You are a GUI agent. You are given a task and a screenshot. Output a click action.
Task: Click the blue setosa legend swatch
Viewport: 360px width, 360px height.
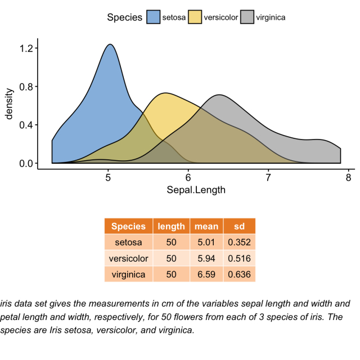[153, 17]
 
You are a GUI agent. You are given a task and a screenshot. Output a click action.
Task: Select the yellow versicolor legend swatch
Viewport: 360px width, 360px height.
[195, 17]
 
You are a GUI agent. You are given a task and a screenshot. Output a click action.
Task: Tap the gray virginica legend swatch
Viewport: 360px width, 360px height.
[247, 17]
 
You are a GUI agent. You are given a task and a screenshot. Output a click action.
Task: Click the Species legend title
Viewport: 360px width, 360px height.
[124, 17]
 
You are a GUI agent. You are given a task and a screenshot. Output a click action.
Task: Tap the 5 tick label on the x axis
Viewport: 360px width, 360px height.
[108, 178]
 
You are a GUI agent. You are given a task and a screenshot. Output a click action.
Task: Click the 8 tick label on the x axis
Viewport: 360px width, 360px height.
[348, 178]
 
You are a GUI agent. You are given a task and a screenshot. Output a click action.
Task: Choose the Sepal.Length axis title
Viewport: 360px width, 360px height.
[196, 190]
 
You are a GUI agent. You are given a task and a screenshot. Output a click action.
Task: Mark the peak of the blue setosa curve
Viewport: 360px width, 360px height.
[110, 44]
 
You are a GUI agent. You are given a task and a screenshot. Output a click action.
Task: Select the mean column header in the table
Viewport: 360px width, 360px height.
[206, 227]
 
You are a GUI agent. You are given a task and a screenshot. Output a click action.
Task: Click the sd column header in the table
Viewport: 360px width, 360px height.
[239, 227]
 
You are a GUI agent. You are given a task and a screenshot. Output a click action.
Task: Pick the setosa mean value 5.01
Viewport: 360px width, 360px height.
[206, 242]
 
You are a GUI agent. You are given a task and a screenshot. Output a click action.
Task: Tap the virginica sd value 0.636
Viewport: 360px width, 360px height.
[239, 274]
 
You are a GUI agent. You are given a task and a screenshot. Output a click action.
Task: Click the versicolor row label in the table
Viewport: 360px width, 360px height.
[129, 259]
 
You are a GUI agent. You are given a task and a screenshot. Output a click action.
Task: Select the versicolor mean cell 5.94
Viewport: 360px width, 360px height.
[206, 259]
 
